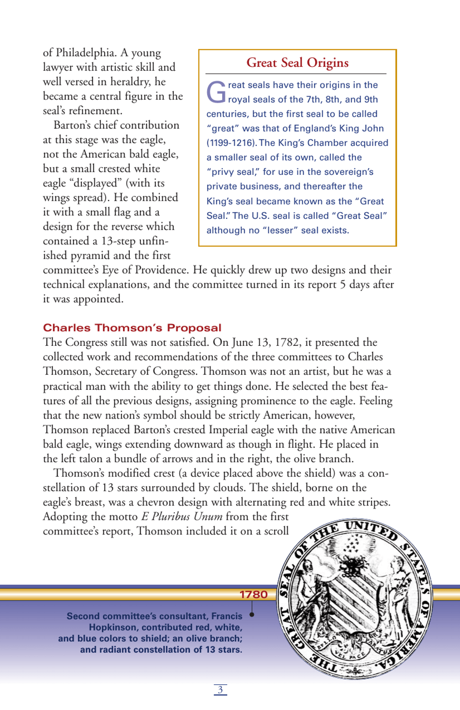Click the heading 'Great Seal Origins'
(297, 63)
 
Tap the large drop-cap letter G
(216, 92)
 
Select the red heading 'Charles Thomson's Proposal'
(132, 328)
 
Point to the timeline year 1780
(254, 595)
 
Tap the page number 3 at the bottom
(220, 690)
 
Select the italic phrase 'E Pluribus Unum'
(182, 517)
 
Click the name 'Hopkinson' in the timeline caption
(114, 628)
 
